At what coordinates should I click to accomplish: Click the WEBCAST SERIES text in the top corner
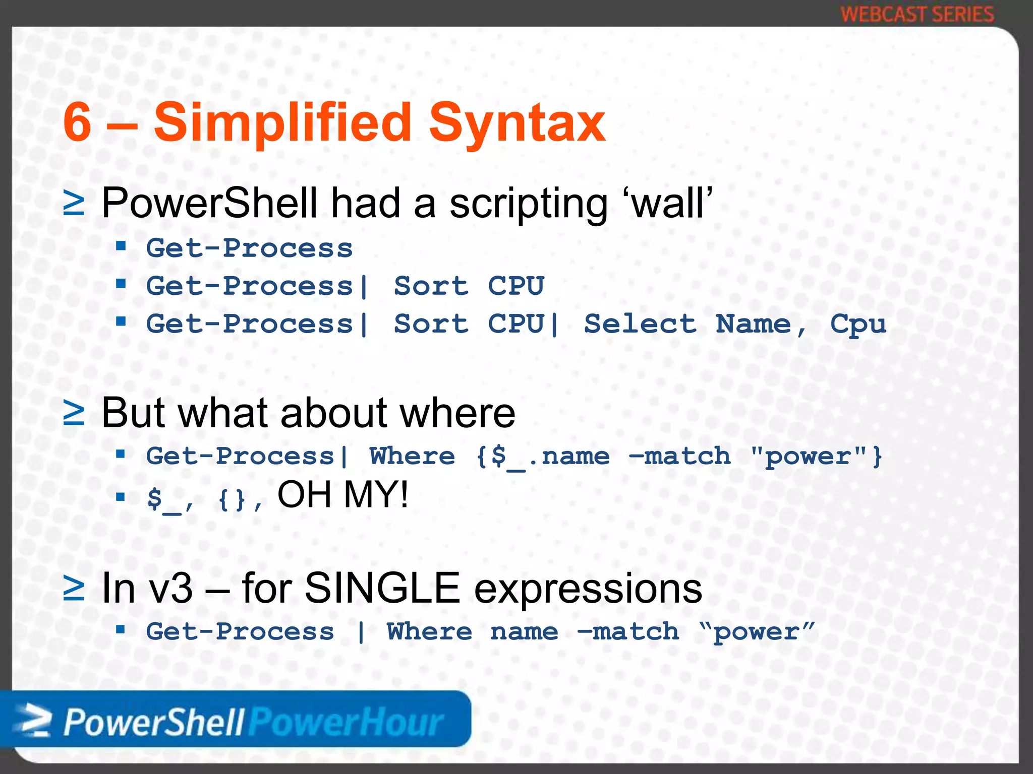point(917,14)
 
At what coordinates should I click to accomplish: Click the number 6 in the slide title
point(78,122)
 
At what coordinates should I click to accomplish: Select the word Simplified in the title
point(282,122)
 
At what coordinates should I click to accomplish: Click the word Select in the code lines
point(640,324)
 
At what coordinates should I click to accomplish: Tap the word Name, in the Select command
point(761,324)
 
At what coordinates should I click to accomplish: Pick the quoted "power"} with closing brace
point(816,457)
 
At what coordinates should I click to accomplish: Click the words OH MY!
point(342,495)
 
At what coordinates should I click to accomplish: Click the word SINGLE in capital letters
point(382,588)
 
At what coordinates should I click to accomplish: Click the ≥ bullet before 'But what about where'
point(74,413)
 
